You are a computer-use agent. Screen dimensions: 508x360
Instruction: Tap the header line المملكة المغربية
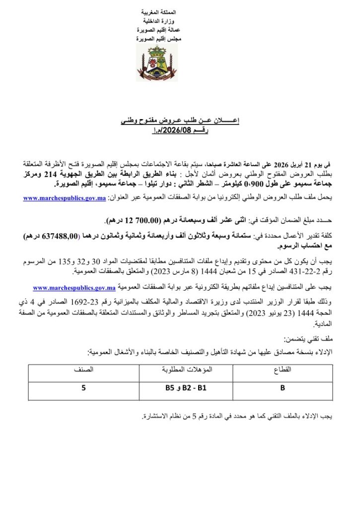point(152,12)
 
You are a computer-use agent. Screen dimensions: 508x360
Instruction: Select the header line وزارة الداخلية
point(152,21)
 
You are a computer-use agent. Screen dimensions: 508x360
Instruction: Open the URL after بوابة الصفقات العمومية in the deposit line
point(74,287)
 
